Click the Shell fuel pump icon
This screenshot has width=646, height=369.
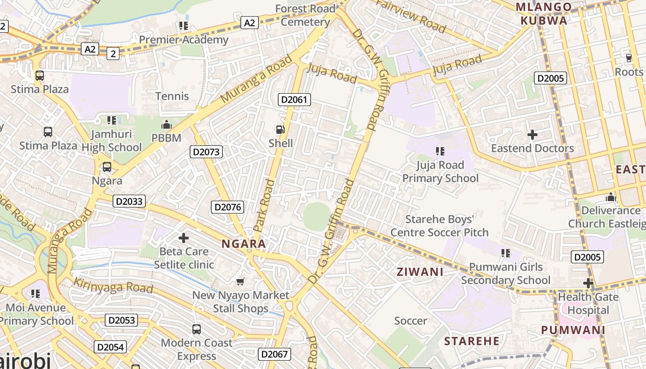(280, 130)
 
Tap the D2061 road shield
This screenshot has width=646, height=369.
(294, 100)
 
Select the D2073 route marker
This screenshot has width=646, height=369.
(206, 152)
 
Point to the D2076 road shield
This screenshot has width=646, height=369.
(227, 207)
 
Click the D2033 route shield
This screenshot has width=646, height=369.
(130, 202)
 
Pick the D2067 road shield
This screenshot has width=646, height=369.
(274, 354)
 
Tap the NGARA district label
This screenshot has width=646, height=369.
(244, 244)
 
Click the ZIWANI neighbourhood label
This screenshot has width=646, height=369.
(420, 272)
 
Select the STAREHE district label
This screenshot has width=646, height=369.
(472, 341)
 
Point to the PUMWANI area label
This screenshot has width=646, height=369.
(573, 330)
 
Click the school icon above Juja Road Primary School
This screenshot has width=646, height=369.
(440, 151)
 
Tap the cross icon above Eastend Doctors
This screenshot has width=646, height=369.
(532, 135)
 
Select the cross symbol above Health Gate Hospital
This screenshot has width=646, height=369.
(588, 283)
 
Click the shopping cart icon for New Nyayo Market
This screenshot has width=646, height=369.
(240, 281)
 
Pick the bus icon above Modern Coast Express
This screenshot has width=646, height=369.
(197, 329)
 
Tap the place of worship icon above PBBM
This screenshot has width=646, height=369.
(166, 125)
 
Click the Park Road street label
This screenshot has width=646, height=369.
(264, 205)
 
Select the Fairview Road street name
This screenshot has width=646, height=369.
(412, 16)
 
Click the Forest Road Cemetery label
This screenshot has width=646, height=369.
(305, 15)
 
